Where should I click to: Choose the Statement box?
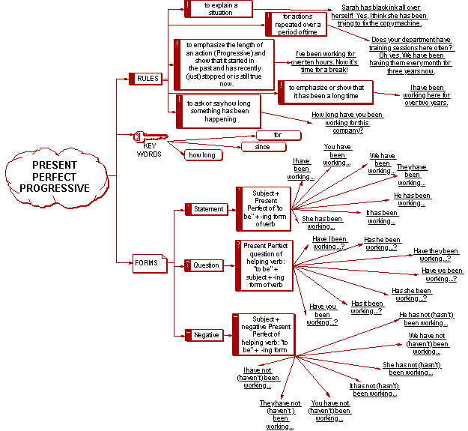[x=207, y=209]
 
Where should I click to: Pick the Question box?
[x=205, y=265]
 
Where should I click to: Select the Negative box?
[x=205, y=335]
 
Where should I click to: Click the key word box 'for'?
[x=278, y=136]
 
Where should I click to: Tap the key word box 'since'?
[x=263, y=147]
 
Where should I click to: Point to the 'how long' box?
[x=201, y=155]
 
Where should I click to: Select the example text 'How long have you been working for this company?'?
[x=347, y=122]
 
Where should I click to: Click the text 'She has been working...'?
[x=322, y=223]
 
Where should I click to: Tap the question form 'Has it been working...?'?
[x=367, y=307]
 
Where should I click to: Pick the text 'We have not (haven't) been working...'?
[x=428, y=343]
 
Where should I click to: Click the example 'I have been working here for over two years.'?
[x=423, y=95]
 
